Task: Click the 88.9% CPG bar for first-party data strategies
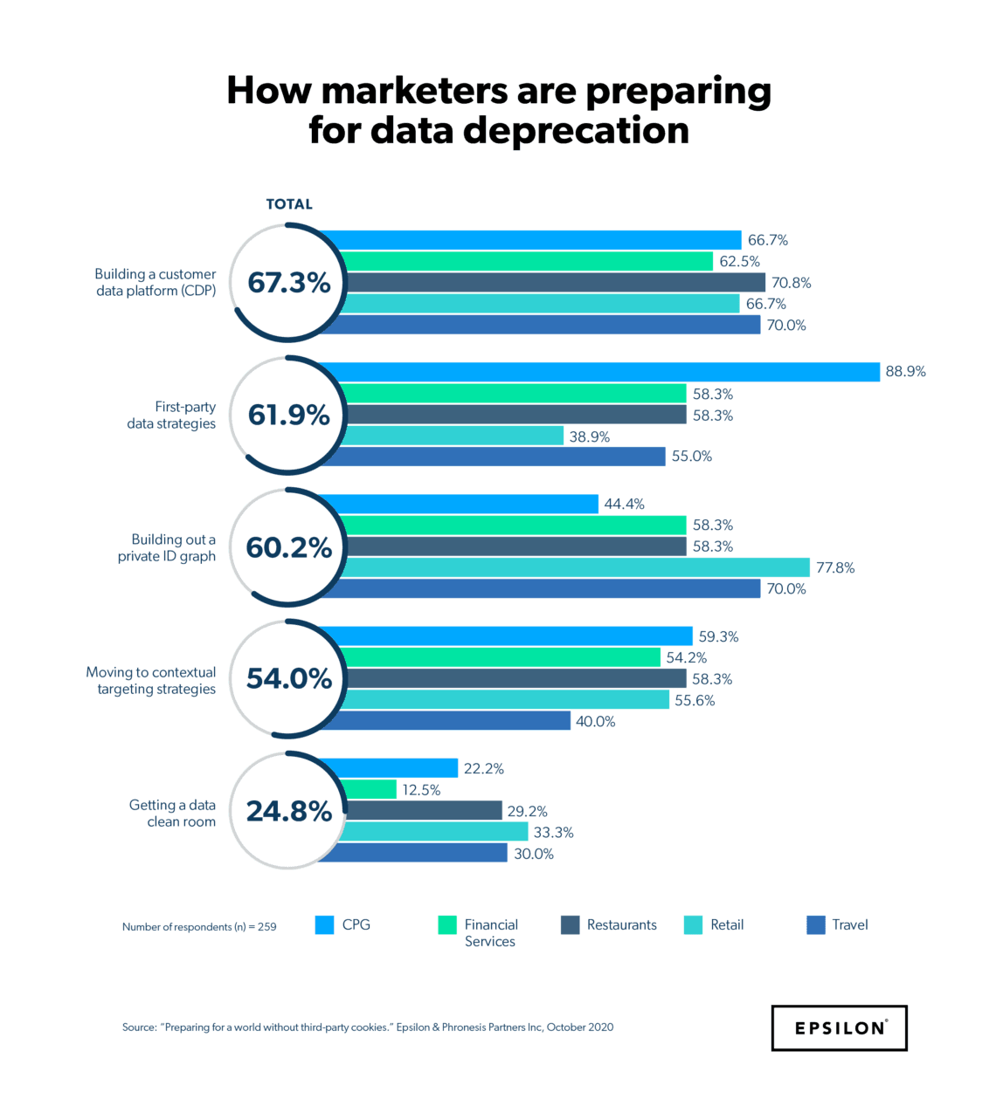point(612,372)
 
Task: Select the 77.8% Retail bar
point(577,567)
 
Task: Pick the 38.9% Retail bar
point(454,436)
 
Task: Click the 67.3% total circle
point(288,283)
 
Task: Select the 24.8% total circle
point(288,811)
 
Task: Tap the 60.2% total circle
point(288,547)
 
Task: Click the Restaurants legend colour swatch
point(570,925)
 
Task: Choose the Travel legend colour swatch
point(815,925)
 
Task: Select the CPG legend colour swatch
point(324,925)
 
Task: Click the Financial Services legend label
point(491,932)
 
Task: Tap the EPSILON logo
point(839,1027)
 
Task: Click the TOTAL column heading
point(288,204)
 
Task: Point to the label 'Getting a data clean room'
point(172,813)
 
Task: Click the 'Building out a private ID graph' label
point(167,547)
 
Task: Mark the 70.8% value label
point(791,283)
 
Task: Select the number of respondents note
point(199,927)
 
